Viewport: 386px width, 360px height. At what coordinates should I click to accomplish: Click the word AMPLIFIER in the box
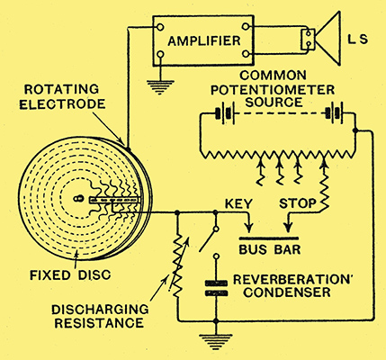[x=204, y=40]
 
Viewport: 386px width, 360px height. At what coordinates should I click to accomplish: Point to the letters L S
[x=357, y=40]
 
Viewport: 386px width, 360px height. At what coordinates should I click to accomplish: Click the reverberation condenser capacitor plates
[x=216, y=288]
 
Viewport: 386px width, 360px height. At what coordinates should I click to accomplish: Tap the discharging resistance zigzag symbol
[x=177, y=266]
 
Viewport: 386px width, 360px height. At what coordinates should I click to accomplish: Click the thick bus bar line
[x=269, y=238]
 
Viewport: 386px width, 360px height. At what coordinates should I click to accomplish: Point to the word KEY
[x=238, y=203]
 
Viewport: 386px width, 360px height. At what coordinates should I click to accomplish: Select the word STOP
[x=298, y=203]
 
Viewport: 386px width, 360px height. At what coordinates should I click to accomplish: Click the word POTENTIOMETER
[x=273, y=90]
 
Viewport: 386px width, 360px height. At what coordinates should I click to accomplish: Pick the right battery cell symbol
[x=333, y=114]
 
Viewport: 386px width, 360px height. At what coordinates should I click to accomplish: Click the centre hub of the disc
[x=77, y=198]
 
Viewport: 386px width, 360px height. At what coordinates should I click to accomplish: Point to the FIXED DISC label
[x=70, y=274]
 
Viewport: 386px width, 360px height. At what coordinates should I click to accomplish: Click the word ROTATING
[x=61, y=89]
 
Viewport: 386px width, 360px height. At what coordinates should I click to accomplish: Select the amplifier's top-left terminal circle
[x=160, y=27]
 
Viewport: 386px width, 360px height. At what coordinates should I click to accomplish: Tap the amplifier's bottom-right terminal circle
[x=246, y=54]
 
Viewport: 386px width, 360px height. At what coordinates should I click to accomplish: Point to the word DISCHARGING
[x=100, y=310]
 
